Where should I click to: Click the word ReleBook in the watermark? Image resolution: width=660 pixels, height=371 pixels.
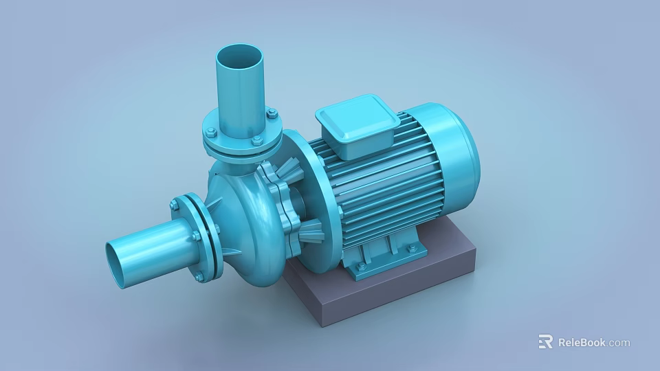tap(582, 342)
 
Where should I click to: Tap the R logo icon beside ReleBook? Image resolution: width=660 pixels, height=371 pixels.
tap(546, 341)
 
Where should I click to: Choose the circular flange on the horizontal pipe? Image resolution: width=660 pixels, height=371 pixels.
tap(199, 237)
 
